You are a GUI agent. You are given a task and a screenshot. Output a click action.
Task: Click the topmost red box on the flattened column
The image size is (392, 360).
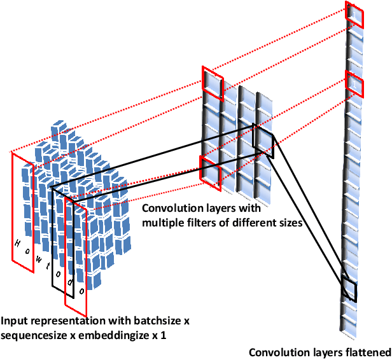click(x=354, y=15)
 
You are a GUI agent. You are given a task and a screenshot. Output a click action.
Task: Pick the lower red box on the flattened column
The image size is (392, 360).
click(x=354, y=83)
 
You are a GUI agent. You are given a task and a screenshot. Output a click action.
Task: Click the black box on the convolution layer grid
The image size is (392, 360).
click(x=263, y=141)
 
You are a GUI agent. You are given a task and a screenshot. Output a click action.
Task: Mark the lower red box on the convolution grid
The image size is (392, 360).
click(x=211, y=169)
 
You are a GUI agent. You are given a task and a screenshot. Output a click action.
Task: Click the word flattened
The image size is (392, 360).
click(x=367, y=352)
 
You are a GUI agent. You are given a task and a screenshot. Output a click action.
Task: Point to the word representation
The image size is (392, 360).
click(x=66, y=322)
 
